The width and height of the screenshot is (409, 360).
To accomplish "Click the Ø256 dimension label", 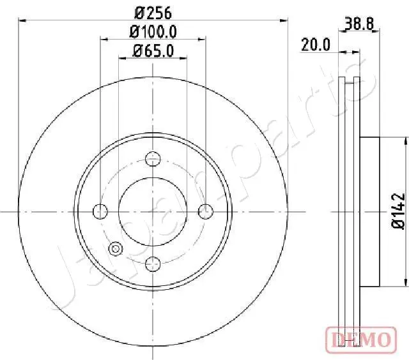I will pos(153,12).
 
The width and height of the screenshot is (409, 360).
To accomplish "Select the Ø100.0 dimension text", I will pos(153,31).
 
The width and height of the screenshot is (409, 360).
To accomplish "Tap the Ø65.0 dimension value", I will pos(153,51).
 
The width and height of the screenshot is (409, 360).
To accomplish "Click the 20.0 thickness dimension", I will pos(315,44).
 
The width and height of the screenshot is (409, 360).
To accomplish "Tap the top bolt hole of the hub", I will pos(153,158).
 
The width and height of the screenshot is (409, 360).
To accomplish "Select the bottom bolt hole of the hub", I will pos(153,262).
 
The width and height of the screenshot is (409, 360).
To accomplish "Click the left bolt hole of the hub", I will pos(100,211).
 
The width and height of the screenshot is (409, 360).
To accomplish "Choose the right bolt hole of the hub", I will pos(205,211).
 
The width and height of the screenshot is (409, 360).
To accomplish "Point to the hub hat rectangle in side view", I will pos(371,211).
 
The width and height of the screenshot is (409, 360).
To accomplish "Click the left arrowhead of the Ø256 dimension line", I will pos(23,20).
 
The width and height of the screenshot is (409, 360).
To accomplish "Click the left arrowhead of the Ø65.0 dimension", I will pos(122,59).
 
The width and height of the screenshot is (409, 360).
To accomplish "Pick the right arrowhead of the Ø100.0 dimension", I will pos(203,39).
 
